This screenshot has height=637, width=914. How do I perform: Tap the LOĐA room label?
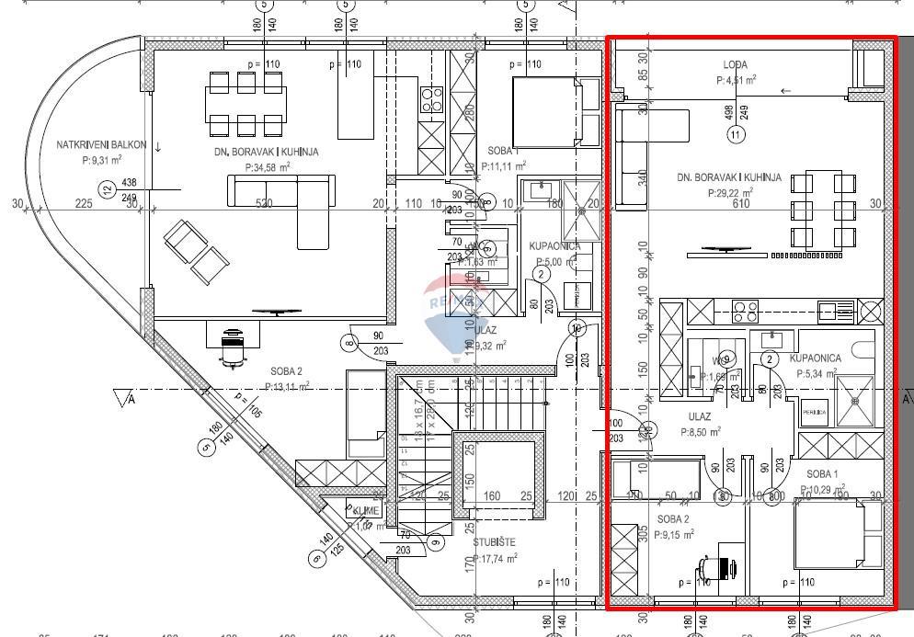click(x=735, y=65)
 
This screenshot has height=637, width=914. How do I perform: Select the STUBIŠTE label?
click(x=494, y=541)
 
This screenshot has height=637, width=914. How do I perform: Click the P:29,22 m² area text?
click(x=730, y=193)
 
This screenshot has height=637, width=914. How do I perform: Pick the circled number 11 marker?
click(x=735, y=135)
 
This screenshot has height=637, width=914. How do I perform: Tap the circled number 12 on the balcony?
click(x=108, y=190)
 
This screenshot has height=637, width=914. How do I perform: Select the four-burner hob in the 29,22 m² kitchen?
click(x=744, y=310)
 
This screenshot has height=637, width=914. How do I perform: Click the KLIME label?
click(x=365, y=510)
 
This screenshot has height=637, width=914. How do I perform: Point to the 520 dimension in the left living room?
click(x=264, y=204)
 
